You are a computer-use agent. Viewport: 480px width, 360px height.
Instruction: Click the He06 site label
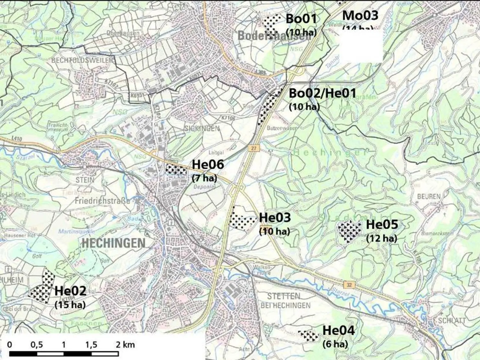208,164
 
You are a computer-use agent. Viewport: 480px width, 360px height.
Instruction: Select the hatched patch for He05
349,230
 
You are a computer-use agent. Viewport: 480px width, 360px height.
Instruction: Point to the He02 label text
70,291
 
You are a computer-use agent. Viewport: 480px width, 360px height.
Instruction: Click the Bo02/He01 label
322,93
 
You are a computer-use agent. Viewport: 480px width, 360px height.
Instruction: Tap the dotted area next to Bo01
271,22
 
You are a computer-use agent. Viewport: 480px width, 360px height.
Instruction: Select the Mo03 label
360,15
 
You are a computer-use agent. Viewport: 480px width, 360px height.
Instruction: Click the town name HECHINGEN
113,243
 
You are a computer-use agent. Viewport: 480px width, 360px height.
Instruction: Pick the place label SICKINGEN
202,128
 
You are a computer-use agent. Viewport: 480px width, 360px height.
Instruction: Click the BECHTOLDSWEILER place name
82,60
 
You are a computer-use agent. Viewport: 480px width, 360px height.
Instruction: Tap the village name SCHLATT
452,320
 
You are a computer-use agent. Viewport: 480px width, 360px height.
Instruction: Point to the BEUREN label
429,196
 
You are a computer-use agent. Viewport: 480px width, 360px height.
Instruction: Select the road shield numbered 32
349,284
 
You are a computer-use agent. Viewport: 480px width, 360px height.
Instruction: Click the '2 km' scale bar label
125,345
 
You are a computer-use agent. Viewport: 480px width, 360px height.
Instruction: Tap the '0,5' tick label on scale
37,345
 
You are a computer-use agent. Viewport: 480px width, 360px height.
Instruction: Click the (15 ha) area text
70,305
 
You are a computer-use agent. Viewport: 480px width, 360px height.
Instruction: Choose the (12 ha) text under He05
381,238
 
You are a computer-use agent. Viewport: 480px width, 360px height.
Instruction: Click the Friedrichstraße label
102,201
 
